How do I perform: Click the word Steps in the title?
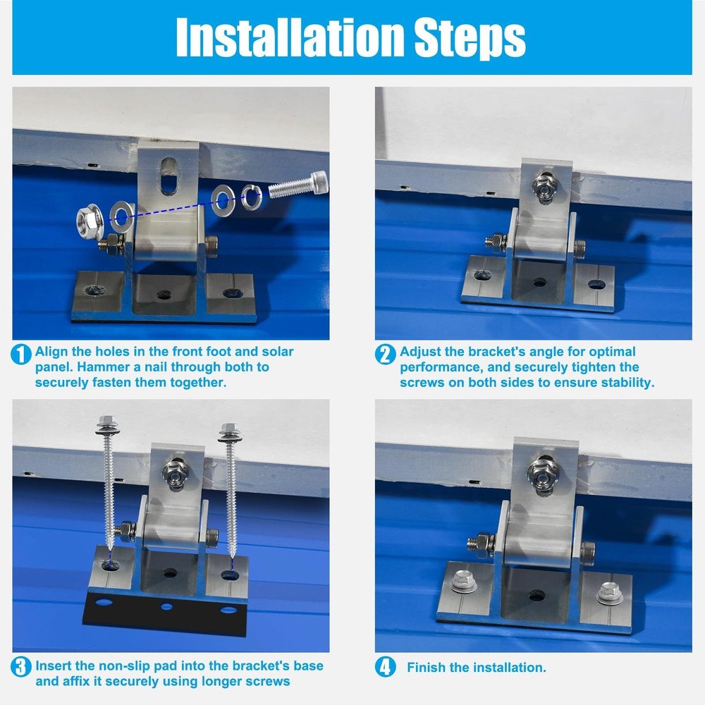470,39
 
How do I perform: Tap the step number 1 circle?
21,355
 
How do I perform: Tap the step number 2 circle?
386,355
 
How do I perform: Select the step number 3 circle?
21,667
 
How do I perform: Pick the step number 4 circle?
386,667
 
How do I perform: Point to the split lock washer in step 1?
252,197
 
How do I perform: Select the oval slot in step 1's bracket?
168,176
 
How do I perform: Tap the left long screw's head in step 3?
107,425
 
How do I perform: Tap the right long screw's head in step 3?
230,432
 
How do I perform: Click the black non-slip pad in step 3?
166,613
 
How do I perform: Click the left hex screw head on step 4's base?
464,582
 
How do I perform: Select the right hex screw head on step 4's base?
609,593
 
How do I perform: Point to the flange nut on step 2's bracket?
545,187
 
